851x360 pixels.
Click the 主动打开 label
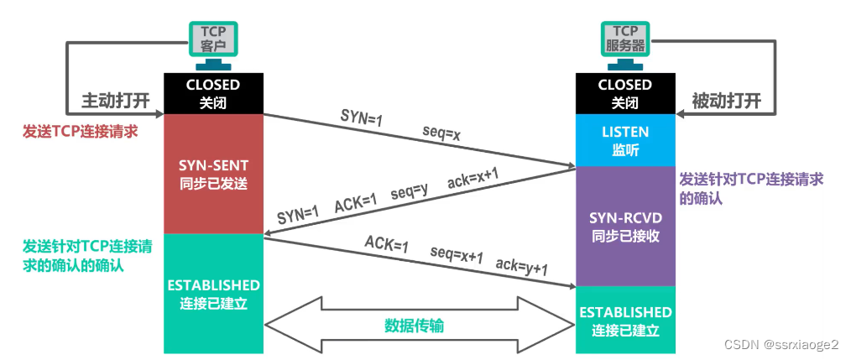(115, 101)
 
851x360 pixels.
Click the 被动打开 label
(726, 101)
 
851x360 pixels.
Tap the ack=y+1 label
(521, 268)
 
